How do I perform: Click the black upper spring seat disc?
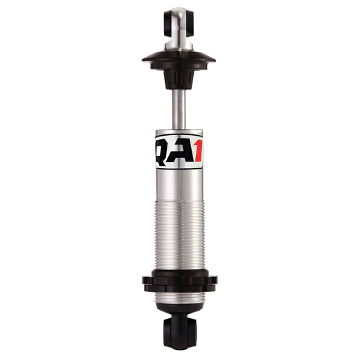click(178, 59)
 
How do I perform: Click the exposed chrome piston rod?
click(178, 108)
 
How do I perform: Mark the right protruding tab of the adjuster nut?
click(214, 280)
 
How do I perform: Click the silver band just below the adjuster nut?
click(179, 297)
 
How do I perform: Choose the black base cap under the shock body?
click(179, 309)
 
